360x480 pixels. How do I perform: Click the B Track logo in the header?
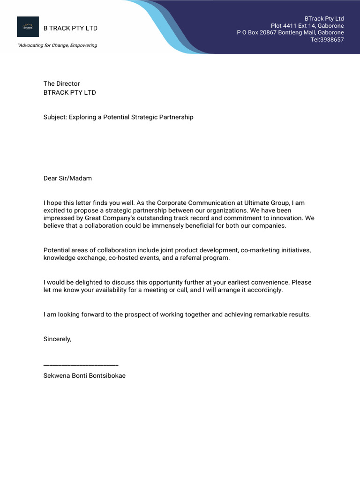coord(28,27)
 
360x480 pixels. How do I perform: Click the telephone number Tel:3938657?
coord(327,40)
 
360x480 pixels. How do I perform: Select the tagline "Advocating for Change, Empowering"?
coord(57,45)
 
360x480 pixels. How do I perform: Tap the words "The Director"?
coord(61,83)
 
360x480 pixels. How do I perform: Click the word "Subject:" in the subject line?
coord(55,117)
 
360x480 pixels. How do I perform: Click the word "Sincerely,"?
coord(57,339)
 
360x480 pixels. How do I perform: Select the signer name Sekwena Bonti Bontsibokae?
coord(84,375)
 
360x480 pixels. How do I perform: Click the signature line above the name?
coord(81,365)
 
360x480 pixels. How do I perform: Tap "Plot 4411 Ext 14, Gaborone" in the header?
coord(307,26)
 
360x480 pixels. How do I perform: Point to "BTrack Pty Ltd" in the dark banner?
coord(324,18)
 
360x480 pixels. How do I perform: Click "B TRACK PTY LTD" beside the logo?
coord(70,28)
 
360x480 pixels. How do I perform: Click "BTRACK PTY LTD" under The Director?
coord(69,92)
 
